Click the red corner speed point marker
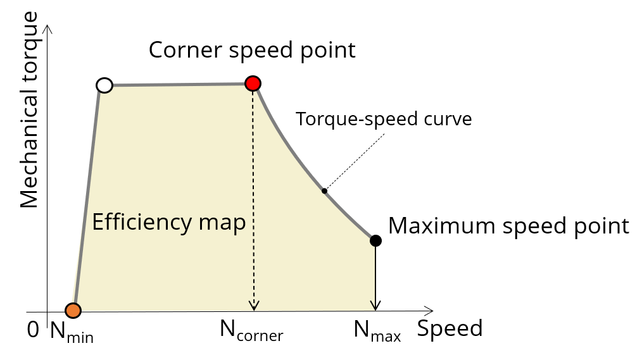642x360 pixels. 253,83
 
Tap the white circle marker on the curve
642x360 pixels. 105,85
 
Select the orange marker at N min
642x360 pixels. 73,310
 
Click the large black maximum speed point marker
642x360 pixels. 375,240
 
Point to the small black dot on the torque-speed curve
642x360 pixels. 324,190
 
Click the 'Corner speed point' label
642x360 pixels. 252,49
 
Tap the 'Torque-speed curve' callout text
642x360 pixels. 384,119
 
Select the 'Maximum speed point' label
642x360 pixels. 508,226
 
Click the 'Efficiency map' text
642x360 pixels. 169,222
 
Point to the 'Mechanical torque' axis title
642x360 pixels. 30,117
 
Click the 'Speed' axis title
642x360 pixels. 450,328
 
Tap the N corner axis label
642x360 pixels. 251,330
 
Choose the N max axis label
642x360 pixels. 377,330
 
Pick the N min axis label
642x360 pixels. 72,331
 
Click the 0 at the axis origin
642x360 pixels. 34,330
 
